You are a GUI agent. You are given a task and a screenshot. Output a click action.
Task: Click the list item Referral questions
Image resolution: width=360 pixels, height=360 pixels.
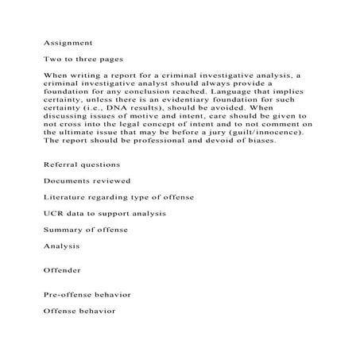coord(82,164)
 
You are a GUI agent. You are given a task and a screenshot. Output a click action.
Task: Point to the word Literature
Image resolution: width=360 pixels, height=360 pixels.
coord(67,197)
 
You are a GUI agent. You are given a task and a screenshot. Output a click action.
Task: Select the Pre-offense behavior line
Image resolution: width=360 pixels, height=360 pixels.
coord(87,295)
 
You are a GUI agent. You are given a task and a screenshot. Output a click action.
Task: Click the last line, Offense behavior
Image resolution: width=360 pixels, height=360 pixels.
coord(80,312)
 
